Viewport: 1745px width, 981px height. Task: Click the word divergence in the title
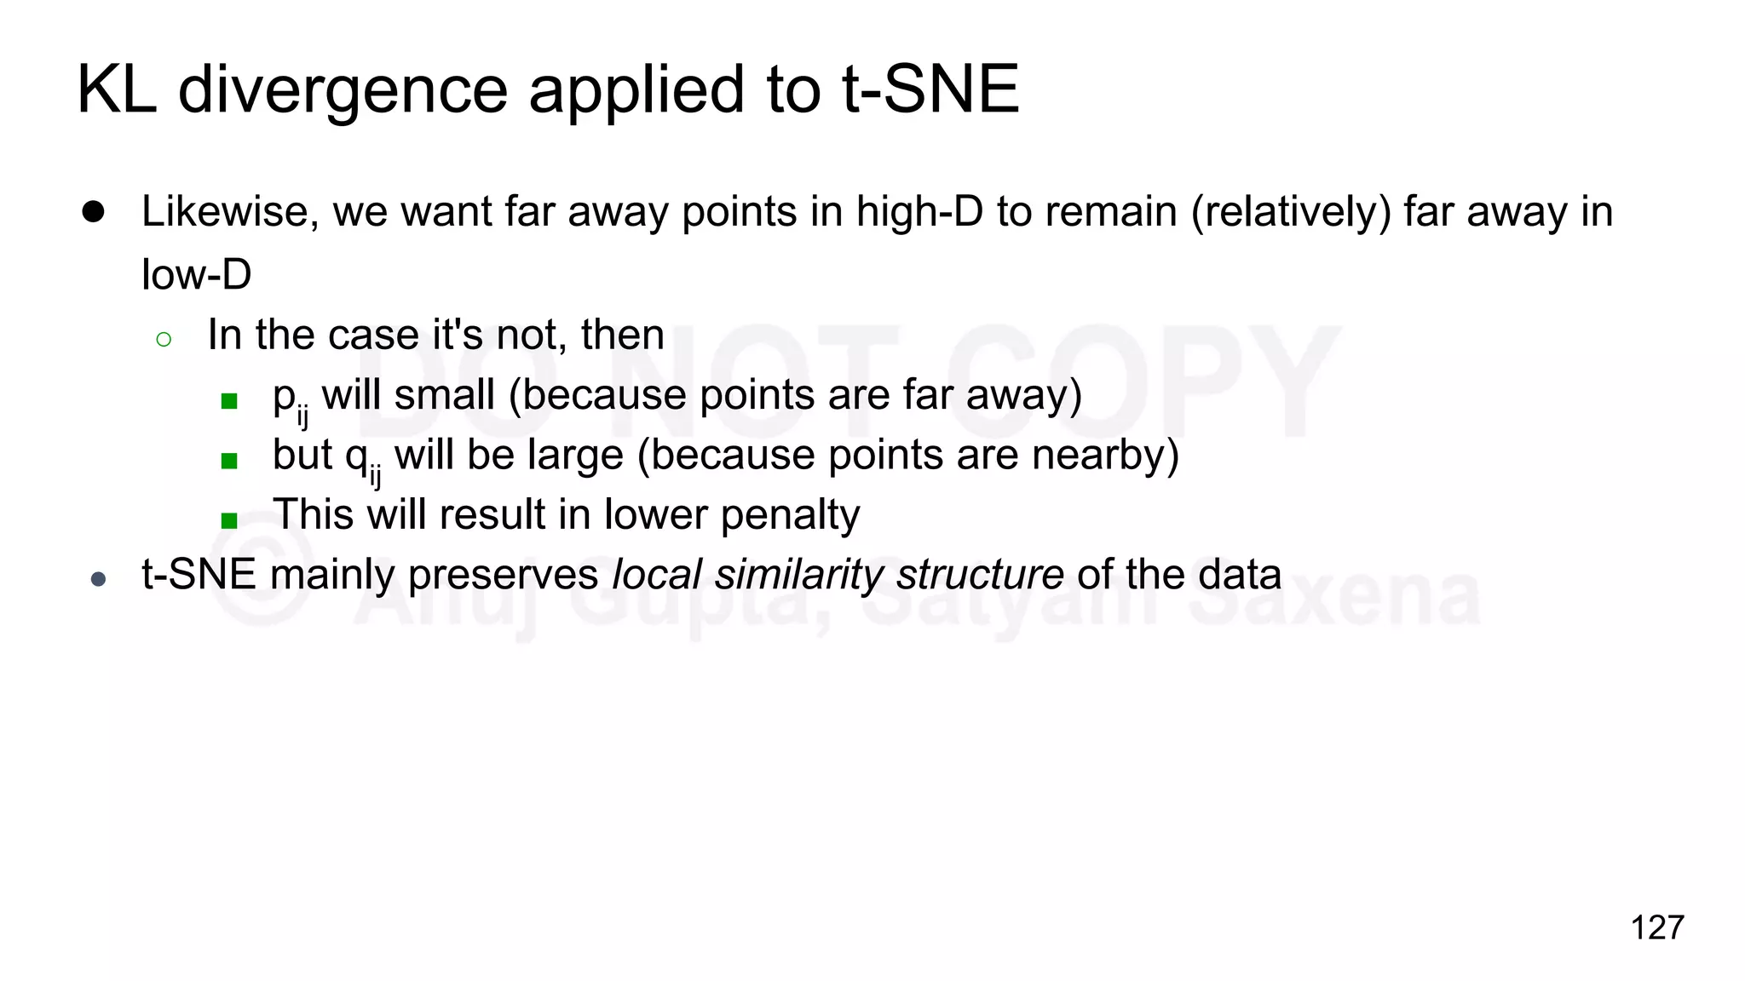pos(343,90)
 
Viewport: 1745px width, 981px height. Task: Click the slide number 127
pos(1656,927)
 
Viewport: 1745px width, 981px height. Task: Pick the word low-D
pos(197,274)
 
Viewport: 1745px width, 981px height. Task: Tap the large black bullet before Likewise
pos(93,211)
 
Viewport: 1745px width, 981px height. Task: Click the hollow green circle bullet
pos(164,340)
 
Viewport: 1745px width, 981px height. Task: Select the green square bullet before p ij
pos(228,400)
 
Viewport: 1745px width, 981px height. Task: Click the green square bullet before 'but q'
pos(228,461)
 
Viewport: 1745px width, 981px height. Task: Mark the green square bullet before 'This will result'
pos(228,520)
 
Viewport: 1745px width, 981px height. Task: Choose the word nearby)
pos(1105,455)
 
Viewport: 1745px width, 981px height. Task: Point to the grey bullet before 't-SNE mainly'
pos(98,580)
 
